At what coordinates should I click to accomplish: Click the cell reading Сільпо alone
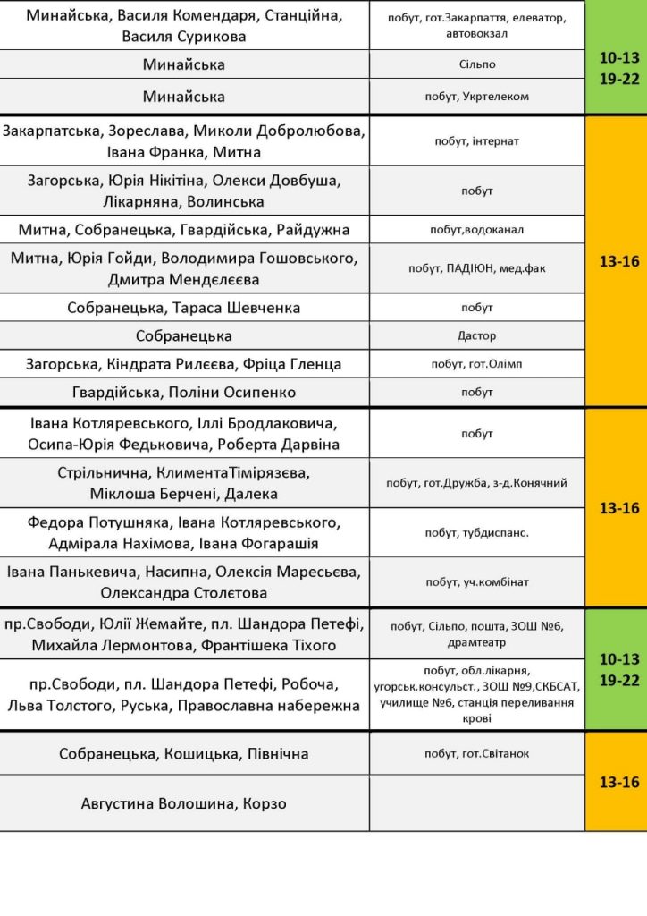point(476,64)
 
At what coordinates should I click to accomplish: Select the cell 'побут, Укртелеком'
point(476,97)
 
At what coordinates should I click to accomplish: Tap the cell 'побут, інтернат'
point(476,141)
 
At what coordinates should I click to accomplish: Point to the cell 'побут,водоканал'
point(476,230)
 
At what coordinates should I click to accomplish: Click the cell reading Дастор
point(476,336)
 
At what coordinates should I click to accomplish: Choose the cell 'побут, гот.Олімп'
point(476,364)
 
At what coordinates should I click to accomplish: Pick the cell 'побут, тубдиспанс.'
point(476,532)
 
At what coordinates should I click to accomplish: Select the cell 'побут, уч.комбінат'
point(476,582)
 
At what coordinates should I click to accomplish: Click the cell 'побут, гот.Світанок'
point(476,753)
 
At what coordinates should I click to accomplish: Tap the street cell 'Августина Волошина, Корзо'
point(184,803)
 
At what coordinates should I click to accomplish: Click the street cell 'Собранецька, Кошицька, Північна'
point(184,753)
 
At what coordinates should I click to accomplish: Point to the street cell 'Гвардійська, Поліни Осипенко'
point(184,393)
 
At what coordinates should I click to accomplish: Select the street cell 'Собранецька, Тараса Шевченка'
point(184,308)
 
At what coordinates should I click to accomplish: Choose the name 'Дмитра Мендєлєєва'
point(184,280)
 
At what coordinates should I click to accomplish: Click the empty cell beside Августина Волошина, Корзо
point(476,803)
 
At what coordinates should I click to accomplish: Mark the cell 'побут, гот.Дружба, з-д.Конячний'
point(476,483)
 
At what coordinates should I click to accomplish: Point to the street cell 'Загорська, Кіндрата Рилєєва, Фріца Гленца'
point(184,364)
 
